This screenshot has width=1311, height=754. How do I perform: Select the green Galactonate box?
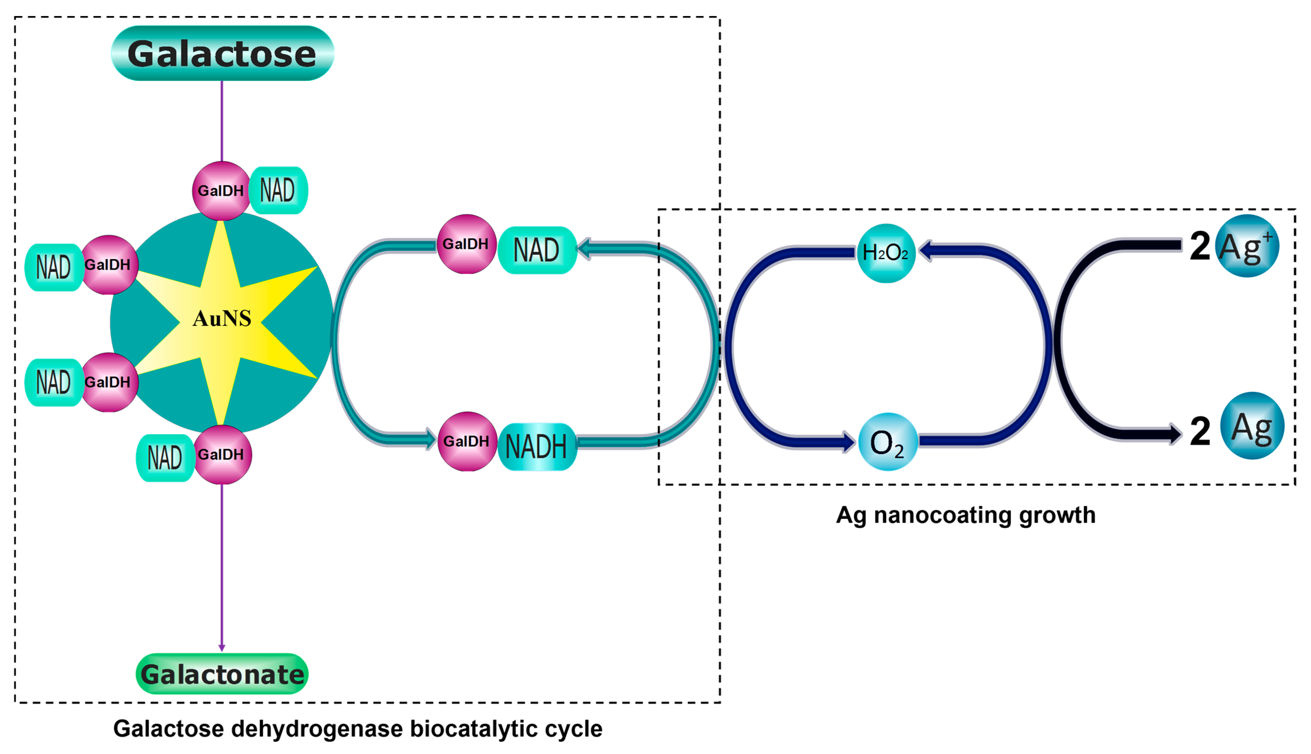coord(222,674)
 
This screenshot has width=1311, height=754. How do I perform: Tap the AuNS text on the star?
coord(222,318)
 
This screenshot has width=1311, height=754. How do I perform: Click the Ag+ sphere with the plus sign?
coord(1247,246)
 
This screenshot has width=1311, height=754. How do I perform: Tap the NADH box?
coord(536,446)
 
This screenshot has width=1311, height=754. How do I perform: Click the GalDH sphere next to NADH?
coord(467,441)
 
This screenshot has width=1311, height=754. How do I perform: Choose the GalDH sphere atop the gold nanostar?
coord(221,191)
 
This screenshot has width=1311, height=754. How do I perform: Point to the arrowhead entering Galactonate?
coord(222,647)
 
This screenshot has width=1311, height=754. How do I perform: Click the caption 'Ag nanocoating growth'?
coord(965,515)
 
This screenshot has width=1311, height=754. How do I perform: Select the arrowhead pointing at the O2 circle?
coord(848,442)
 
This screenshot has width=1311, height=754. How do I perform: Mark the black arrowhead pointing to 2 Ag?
coord(1175,434)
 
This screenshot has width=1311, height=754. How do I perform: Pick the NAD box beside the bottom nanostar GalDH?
coord(165,458)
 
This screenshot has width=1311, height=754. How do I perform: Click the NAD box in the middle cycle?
coord(536,250)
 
